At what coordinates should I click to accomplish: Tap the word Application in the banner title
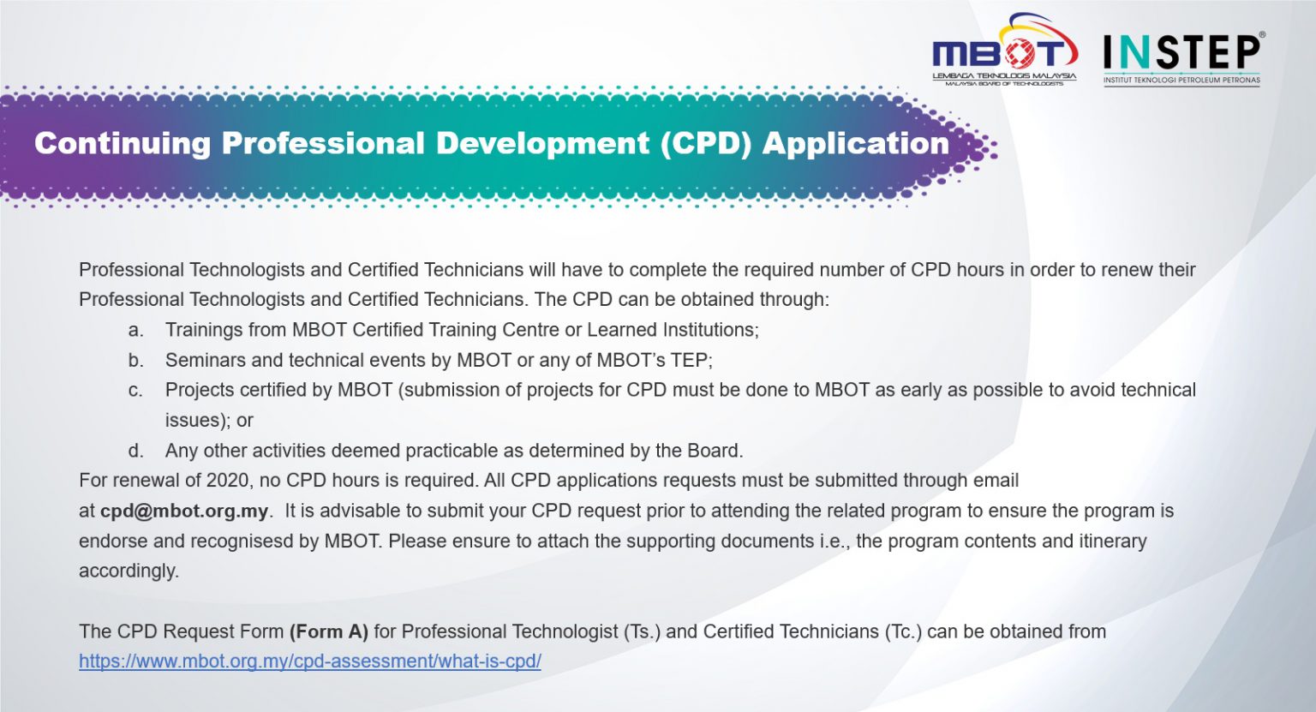[x=855, y=143]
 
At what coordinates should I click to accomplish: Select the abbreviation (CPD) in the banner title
[x=705, y=143]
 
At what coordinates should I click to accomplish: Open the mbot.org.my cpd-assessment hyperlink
[x=310, y=661]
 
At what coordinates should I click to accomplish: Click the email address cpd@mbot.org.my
[x=184, y=512]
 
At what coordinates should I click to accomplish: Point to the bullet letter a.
[x=135, y=331]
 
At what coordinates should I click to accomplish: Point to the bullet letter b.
[x=135, y=361]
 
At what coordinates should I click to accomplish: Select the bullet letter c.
[x=135, y=391]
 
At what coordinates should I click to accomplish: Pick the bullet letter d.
[x=135, y=451]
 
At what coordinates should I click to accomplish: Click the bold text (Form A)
[x=329, y=632]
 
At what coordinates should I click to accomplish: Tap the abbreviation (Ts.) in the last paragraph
[x=642, y=632]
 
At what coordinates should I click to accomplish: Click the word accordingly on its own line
[x=129, y=571]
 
